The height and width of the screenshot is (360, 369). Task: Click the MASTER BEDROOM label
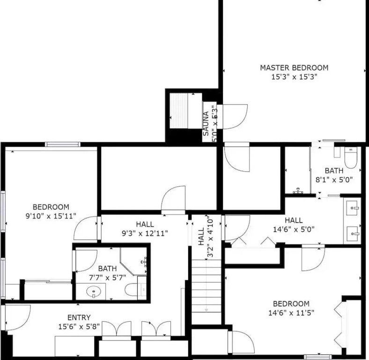(294, 68)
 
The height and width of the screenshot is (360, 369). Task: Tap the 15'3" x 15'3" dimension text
(294, 77)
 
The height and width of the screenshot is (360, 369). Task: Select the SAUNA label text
(206, 124)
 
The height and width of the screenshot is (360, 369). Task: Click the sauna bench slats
(178, 111)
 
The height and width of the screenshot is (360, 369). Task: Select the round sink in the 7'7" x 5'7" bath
(94, 292)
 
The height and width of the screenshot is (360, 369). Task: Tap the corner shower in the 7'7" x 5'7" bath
(133, 262)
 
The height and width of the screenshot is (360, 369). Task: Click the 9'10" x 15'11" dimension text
(51, 216)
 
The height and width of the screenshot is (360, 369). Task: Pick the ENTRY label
(79, 318)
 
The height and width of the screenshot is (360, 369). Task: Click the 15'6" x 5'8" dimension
(79, 327)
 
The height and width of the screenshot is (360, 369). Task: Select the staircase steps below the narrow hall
(207, 292)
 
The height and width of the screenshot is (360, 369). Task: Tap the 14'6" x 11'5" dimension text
(291, 313)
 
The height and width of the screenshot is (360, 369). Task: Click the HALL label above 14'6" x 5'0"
(294, 220)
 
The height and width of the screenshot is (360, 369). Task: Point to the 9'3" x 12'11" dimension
(145, 233)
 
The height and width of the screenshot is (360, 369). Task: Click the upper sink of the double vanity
(353, 207)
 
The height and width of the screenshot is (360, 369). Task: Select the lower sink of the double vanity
(353, 233)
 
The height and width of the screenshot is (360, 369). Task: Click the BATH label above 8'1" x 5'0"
(334, 171)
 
